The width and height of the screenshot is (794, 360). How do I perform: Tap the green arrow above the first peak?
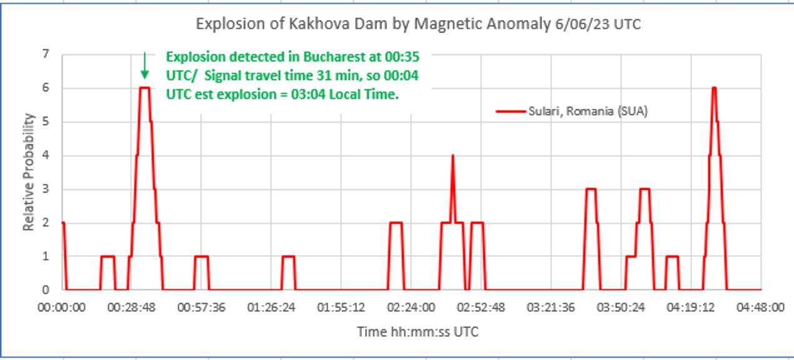[x=144, y=66]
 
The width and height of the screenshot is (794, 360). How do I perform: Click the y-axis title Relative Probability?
[x=29, y=171]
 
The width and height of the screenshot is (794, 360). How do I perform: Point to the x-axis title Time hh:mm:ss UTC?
[x=417, y=331]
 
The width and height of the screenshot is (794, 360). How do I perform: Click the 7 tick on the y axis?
[x=46, y=54]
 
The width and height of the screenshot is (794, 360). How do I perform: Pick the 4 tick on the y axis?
[x=46, y=156]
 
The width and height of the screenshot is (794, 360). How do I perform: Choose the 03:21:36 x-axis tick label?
[x=551, y=307]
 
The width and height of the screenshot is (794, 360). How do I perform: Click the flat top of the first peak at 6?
[x=144, y=88]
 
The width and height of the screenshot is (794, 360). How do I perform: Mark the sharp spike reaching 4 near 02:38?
[x=453, y=156]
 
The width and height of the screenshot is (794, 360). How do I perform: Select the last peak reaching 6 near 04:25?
[x=713, y=88]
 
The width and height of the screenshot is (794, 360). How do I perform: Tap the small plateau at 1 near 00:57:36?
[x=201, y=256]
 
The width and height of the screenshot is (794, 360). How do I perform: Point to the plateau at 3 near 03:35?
[x=591, y=189]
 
